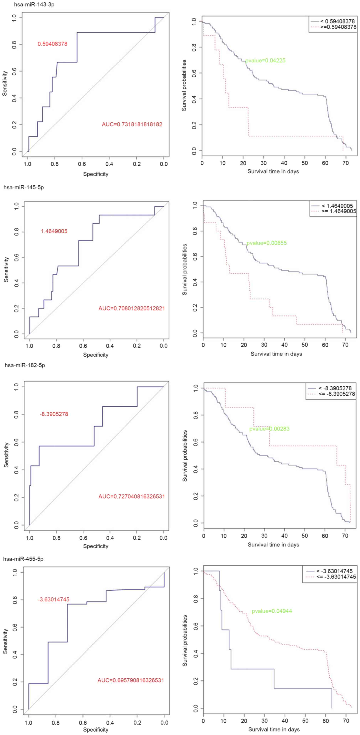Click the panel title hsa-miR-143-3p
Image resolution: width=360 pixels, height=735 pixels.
coord(34,5)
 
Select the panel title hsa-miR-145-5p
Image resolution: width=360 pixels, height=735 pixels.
coord(24,188)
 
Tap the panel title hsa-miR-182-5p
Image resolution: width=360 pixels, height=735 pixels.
coord(25,365)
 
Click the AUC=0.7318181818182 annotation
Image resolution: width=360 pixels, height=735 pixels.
coord(132,124)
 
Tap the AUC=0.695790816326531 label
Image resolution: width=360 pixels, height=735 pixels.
coord(131,680)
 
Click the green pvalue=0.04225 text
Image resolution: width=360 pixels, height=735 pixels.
coord(265,60)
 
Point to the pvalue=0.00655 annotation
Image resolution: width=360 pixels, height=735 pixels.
coord(267,243)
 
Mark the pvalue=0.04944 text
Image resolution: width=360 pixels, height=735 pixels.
coord(272,611)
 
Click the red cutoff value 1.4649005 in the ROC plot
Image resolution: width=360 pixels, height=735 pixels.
coord(54,231)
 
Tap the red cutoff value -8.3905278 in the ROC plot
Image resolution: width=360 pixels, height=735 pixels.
coord(54,414)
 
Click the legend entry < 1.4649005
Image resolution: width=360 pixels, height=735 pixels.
coord(337,206)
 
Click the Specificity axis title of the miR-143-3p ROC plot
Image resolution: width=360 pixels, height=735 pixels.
coord(95,174)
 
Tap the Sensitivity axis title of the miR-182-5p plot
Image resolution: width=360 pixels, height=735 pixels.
coord(6,455)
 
